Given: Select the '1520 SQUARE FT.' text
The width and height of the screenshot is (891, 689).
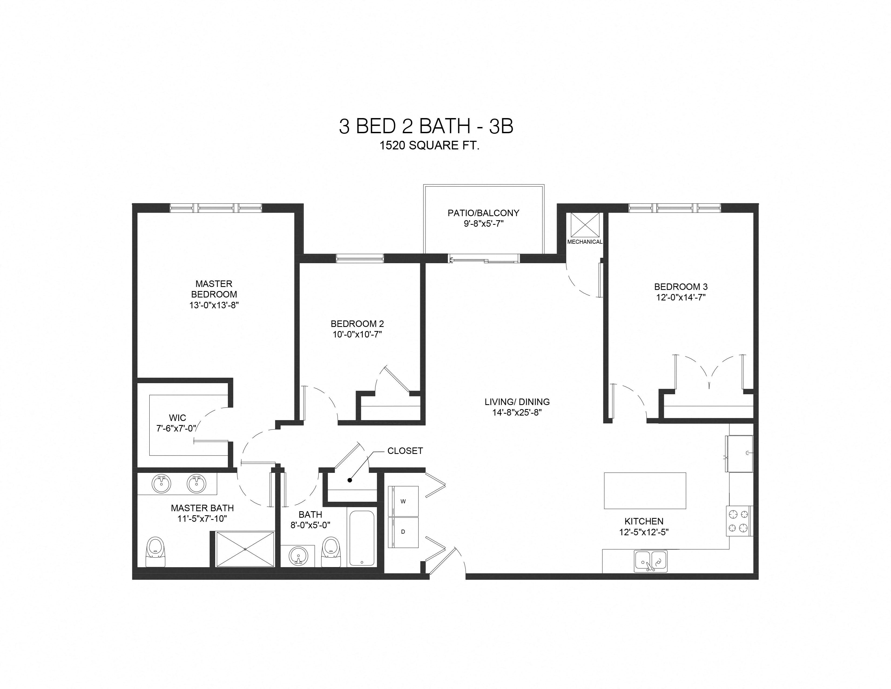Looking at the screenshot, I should (x=429, y=146).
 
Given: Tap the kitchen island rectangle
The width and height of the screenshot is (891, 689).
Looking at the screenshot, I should (x=644, y=491).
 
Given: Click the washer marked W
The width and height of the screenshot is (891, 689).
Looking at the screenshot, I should (x=403, y=501).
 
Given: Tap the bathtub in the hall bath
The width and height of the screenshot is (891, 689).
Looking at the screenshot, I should (x=362, y=538).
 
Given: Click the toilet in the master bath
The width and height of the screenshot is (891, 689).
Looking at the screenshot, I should (x=156, y=552).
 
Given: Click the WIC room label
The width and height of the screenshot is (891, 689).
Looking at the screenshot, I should (x=177, y=417).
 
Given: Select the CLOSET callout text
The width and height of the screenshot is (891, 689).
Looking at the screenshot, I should (x=405, y=451).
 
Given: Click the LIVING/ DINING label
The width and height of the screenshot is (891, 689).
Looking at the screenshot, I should (x=517, y=402).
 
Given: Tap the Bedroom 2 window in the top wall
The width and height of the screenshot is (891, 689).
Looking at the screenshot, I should (x=360, y=258).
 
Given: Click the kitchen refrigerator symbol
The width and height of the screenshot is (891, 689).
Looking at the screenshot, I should (x=739, y=453).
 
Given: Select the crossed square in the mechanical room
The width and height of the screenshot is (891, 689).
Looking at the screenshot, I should (x=585, y=225).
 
